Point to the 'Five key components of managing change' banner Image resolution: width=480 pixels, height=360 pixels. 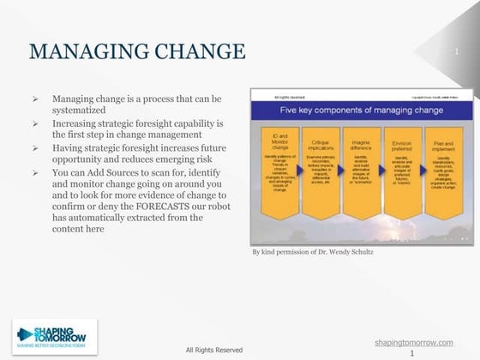360,110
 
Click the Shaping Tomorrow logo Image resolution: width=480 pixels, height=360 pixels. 55,337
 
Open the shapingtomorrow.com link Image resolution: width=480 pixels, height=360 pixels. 414,342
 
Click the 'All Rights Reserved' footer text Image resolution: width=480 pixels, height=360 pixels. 214,350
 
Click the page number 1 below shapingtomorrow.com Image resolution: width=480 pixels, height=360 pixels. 413,352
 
